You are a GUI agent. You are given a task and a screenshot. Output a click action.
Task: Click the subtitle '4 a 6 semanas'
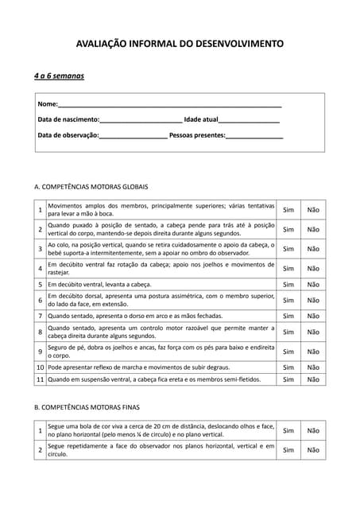pos(59,76)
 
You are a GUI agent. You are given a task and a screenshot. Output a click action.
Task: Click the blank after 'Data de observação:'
pos(133,135)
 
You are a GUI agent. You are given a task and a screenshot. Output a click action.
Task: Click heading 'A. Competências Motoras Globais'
pos(91,186)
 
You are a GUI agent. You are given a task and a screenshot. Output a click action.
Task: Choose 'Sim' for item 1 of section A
pos(288,210)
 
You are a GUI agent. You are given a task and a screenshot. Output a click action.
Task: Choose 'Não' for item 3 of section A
pos(313,249)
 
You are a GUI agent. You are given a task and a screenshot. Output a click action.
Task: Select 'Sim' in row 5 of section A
pos(288,285)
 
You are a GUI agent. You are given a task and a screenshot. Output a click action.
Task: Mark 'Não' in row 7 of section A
pos(313,316)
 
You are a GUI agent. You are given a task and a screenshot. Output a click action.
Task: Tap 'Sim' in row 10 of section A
pos(288,367)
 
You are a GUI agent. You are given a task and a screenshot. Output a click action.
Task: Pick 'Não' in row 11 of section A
pos(313,380)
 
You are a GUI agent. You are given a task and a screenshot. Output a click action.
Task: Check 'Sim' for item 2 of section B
pos(288,450)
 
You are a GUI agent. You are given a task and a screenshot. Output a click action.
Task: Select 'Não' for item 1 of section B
pos(313,430)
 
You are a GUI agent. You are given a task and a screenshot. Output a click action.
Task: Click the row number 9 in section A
pos(40,352)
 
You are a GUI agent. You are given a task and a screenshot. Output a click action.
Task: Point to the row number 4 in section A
pos(40,269)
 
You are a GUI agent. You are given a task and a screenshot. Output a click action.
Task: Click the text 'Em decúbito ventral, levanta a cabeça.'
pos(109,285)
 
